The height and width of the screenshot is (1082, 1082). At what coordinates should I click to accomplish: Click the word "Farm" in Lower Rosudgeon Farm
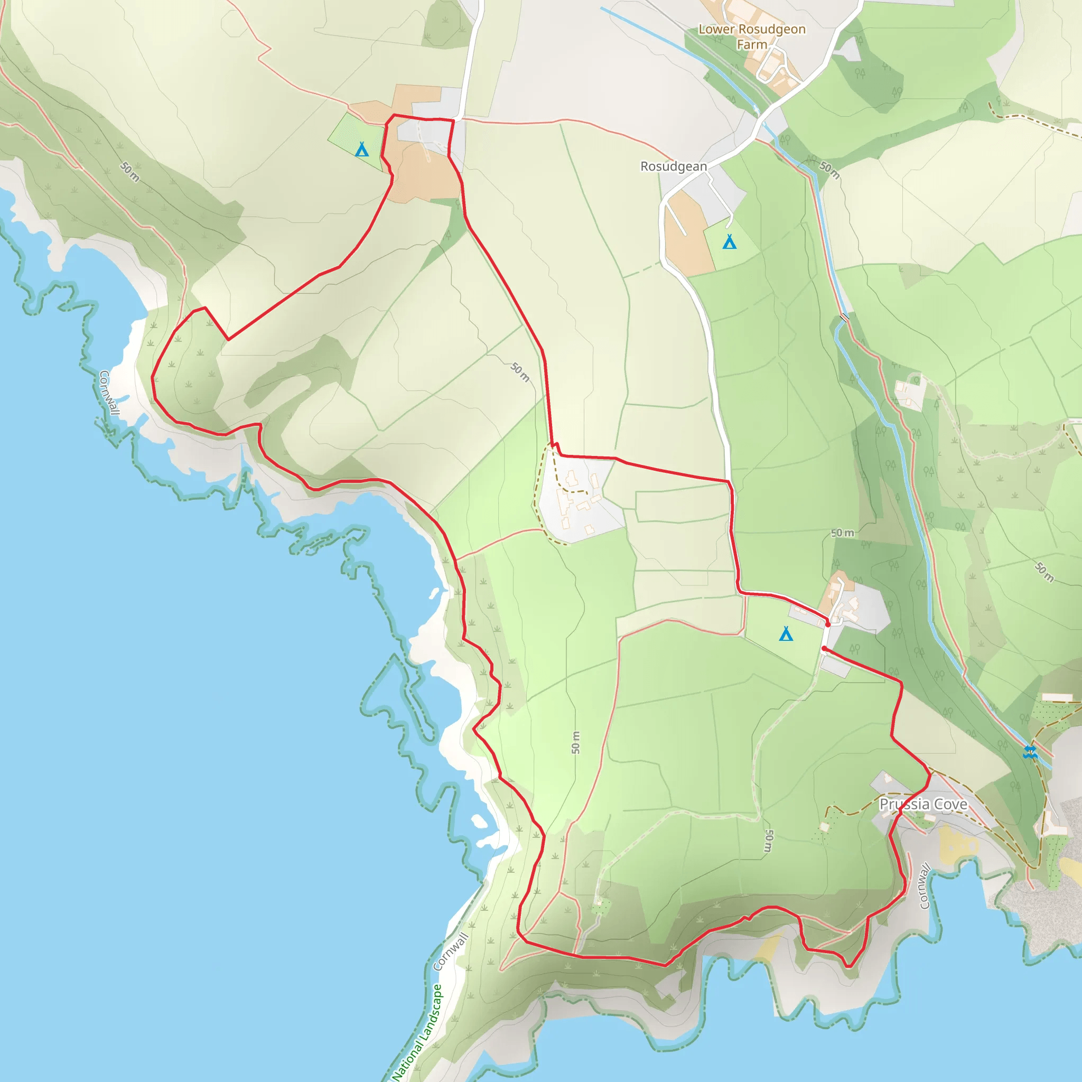tap(752, 44)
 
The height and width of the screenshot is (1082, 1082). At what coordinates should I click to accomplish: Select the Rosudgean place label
tap(673, 166)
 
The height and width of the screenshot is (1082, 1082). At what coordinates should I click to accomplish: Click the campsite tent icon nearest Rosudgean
tap(729, 242)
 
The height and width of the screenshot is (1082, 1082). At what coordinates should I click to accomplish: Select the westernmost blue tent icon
tap(362, 150)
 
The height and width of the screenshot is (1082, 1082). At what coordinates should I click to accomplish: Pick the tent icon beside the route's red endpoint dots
tap(786, 634)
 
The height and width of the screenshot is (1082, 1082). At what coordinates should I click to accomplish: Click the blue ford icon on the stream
tap(1030, 752)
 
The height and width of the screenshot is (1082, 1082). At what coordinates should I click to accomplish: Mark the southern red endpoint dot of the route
tap(824, 649)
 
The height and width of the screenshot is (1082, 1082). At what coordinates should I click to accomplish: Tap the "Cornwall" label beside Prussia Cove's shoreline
tap(925, 886)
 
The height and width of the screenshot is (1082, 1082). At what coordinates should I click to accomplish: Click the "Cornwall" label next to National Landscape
tap(451, 952)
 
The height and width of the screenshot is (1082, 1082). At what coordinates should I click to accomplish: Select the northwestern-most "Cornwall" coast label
tap(109, 393)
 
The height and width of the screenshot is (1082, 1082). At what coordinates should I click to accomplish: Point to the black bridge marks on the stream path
tap(844, 317)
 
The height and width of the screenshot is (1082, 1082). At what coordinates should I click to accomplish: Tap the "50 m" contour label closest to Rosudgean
tap(829, 170)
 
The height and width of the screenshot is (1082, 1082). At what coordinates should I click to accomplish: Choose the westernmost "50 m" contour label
tap(130, 171)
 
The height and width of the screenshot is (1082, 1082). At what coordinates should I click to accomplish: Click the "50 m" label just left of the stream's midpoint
tap(842, 533)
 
